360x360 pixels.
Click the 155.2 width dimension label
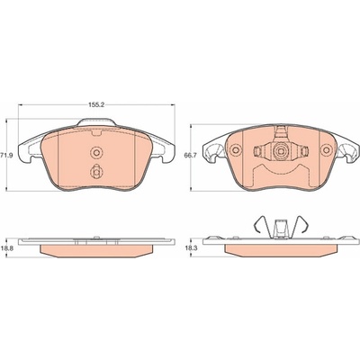coord(96,105)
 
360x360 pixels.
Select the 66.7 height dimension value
coord(187,155)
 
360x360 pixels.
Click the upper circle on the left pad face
coord(96,152)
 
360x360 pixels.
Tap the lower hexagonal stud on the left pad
coord(96,172)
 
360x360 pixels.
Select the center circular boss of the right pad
coord(281,151)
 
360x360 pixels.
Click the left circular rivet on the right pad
coord(236,150)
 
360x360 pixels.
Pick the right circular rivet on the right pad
coord(326,150)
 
